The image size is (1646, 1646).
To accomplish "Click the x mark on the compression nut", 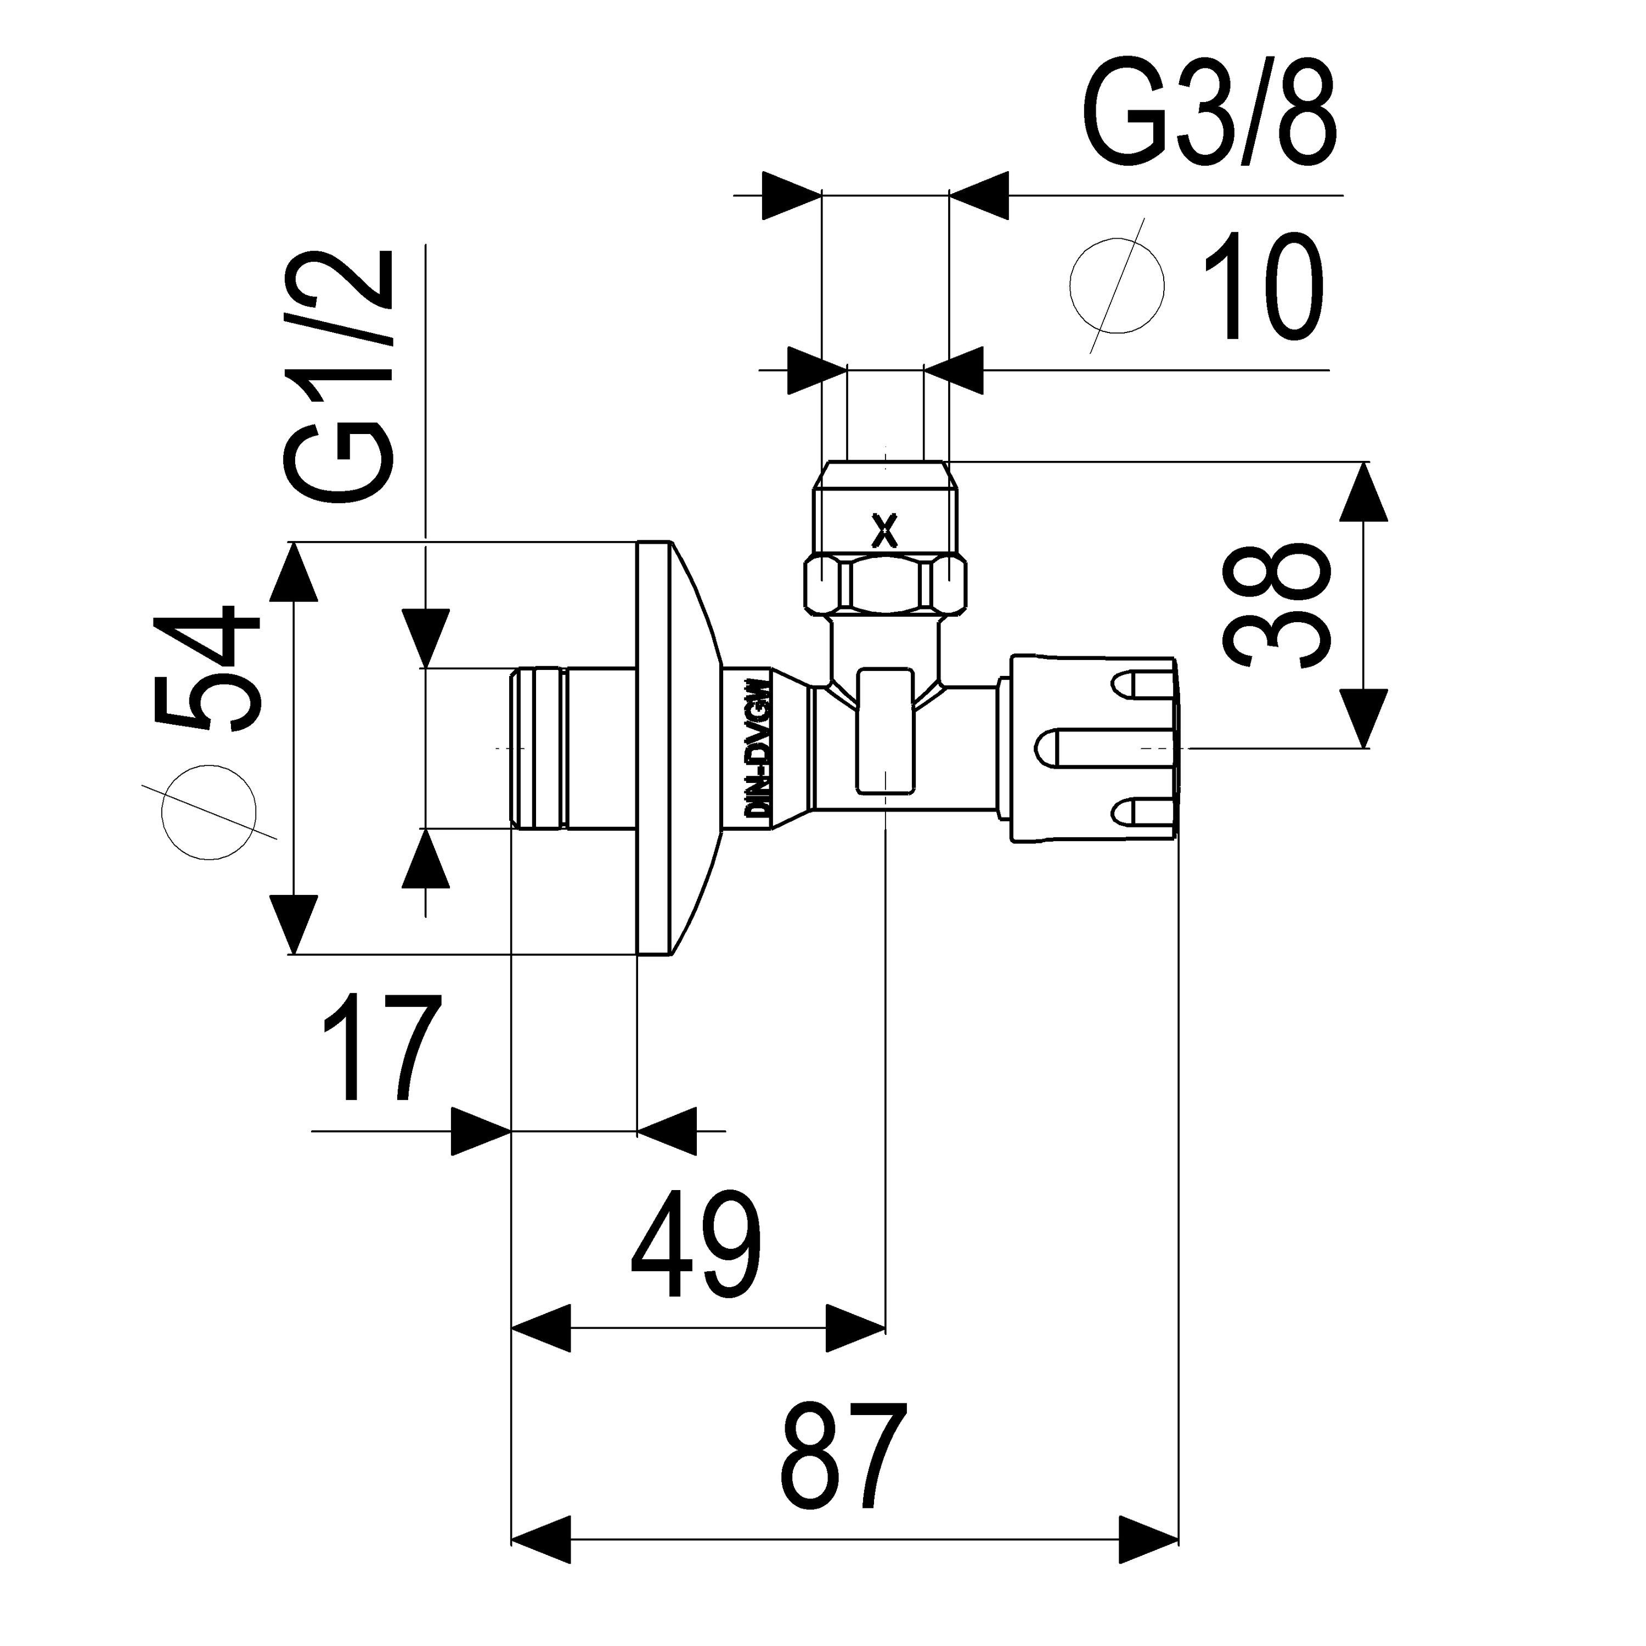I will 886,532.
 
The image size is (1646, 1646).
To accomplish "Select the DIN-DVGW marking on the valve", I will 758,748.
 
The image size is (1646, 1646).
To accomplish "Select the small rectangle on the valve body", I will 887,731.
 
